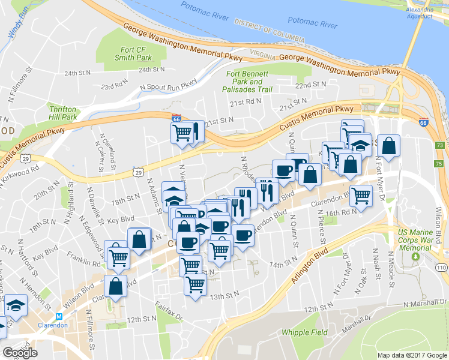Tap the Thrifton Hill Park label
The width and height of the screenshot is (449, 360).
point(63,112)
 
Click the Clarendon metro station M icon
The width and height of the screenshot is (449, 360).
point(59,316)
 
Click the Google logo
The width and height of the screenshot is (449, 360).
point(20,353)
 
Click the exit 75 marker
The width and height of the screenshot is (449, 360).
point(440,164)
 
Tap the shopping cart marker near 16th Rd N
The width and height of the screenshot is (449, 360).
point(361,196)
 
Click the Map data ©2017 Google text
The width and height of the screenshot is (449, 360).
point(412,355)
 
